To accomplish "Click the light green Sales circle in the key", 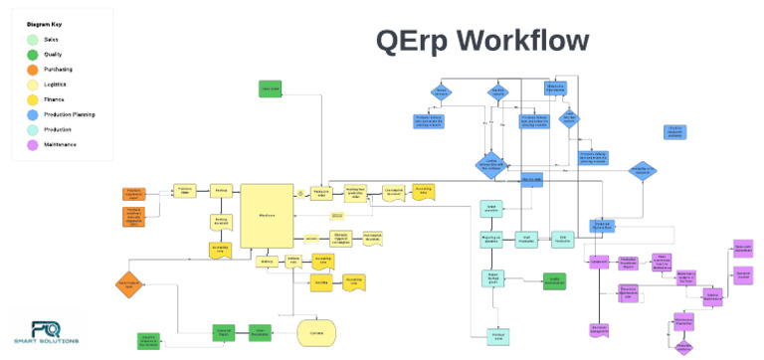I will [x=34, y=39].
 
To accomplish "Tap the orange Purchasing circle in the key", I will [x=34, y=70].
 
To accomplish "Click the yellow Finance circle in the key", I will [x=34, y=99].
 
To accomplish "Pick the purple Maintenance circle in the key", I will [x=34, y=145].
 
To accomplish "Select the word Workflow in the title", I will [x=528, y=41].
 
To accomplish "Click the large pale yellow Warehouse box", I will [x=266, y=214].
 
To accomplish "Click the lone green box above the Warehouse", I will [x=269, y=90].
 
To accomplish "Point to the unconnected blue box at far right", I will [x=674, y=132].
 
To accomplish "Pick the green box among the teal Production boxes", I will [x=554, y=281].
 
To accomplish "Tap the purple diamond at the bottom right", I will [x=683, y=346].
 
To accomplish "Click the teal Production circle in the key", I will [x=34, y=130].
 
